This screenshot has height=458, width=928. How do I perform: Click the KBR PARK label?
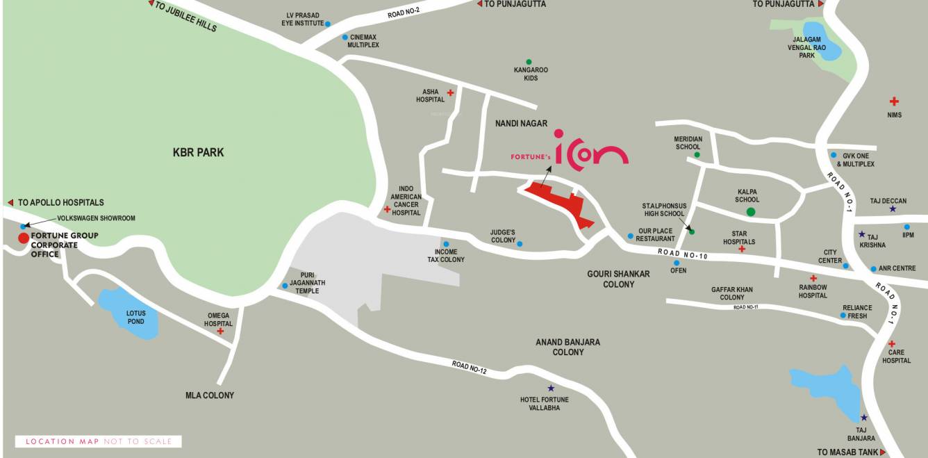[198, 152]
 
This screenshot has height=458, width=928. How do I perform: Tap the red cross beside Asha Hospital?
[450, 92]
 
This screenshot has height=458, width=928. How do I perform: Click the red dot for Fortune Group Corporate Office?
[24, 238]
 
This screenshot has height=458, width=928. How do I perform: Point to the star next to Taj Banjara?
[864, 418]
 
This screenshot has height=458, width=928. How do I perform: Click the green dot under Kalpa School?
[750, 212]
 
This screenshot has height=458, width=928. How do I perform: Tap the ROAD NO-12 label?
[469, 367]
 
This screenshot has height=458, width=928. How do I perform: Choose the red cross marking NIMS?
[894, 101]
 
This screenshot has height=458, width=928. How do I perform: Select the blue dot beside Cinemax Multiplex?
[345, 38]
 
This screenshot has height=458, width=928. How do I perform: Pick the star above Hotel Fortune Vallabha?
[551, 389]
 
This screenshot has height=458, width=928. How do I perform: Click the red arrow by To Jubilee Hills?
[151, 3]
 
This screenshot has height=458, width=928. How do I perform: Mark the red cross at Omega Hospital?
[220, 332]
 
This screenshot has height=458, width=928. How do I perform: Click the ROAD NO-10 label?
[683, 255]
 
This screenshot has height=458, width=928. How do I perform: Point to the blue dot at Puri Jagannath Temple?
[285, 286]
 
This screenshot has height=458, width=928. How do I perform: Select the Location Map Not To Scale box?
[98, 441]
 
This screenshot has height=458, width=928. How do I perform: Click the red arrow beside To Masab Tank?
[883, 452]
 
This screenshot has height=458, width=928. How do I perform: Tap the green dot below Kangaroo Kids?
[529, 62]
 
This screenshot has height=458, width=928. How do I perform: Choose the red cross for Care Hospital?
[892, 344]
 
